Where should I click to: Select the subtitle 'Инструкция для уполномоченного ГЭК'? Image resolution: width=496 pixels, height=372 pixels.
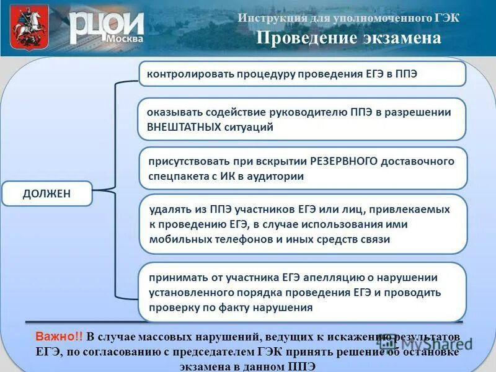point(348,17)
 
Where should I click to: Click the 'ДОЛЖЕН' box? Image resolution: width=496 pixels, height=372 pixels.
point(47,193)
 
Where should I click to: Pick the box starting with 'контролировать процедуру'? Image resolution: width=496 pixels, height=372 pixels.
point(301,74)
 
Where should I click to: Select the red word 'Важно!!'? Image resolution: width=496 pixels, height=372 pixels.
point(58,337)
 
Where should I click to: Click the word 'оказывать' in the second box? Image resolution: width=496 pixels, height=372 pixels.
point(170,112)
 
